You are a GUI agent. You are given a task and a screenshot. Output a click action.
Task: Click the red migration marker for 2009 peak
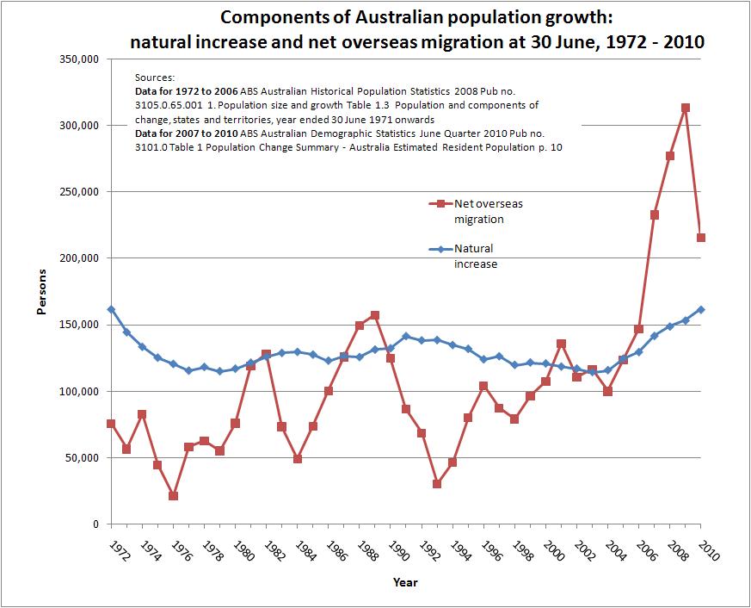tap(686, 109)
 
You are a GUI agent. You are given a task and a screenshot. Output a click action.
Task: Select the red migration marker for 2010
tap(701, 238)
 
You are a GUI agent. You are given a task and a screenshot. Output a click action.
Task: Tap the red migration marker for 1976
tap(173, 496)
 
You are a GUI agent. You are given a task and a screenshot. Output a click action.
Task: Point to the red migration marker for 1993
tap(437, 484)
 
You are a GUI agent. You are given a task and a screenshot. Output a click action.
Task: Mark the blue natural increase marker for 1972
tap(111, 309)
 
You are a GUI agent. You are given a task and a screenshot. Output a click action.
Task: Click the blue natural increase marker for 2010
tap(701, 309)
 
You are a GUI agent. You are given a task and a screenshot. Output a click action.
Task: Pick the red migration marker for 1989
tap(375, 315)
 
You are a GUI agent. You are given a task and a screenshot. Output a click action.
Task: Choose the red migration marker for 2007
tap(655, 214)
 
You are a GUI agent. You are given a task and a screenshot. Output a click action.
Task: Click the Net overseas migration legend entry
tap(488, 211)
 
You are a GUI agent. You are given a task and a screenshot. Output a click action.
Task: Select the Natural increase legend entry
tap(475, 257)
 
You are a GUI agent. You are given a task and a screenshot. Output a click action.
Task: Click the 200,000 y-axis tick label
tap(81, 258)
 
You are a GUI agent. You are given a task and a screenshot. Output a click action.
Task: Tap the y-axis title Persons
tap(41, 291)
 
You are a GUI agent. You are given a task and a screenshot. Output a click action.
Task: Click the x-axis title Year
tap(405, 583)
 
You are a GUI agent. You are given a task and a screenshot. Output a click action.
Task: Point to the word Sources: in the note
tap(155, 78)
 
